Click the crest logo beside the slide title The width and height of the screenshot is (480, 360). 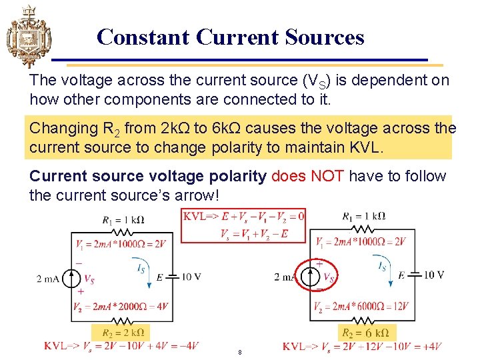pos(27,36)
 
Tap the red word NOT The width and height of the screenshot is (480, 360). pos(326,176)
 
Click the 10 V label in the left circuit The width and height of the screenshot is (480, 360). pos(191,277)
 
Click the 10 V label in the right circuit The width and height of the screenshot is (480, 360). pos(433,275)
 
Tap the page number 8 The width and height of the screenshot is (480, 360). pos(239,352)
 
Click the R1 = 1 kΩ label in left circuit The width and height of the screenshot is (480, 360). pos(123,219)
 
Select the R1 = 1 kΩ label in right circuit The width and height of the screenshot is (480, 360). pos(363,216)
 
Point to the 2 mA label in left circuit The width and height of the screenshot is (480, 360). pos(48,279)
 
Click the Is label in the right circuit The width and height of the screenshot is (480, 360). pos(382,266)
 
